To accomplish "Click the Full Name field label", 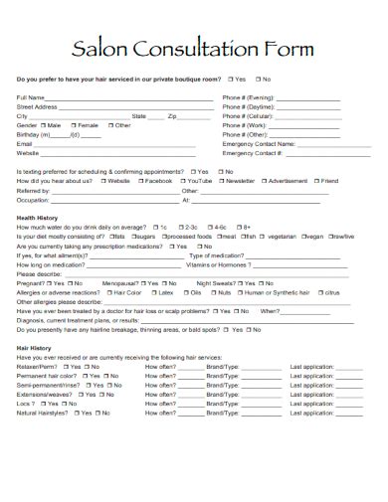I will pos(31,97).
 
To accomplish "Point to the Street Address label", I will pos(37,106).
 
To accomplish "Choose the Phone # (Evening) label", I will pos(248,97).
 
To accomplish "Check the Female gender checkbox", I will pos(72,125).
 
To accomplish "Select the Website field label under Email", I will pos(28,153).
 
